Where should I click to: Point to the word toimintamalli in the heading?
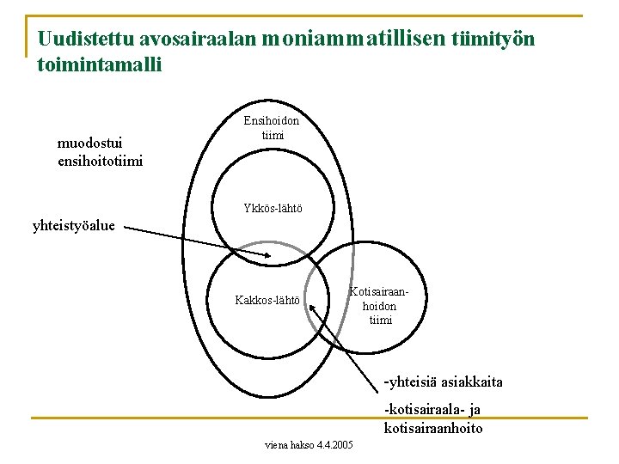[x=100, y=64]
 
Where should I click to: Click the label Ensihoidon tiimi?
[x=271, y=128]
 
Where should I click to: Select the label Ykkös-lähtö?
[x=273, y=209]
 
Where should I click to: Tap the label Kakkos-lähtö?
[x=267, y=301]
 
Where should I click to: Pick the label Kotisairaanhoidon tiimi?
[x=380, y=306]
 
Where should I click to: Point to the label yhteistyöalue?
[x=74, y=227]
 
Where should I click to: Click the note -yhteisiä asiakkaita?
[x=444, y=382]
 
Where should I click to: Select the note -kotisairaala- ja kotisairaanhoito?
[x=435, y=419]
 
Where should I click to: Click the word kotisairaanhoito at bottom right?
[x=433, y=428]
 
